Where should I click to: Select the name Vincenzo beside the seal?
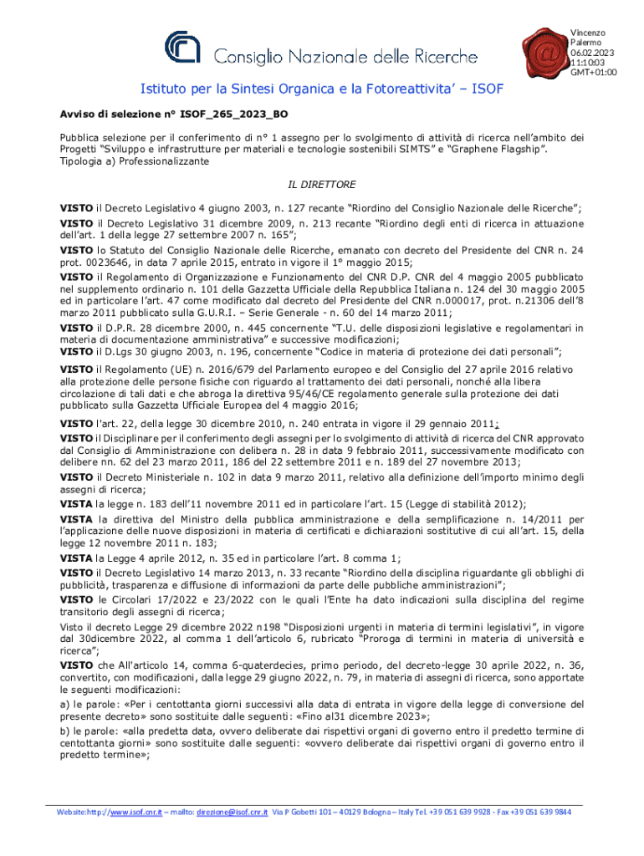coord(588,33)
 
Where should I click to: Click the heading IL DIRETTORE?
coord(322,184)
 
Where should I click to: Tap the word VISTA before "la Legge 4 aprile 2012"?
coord(76,559)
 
